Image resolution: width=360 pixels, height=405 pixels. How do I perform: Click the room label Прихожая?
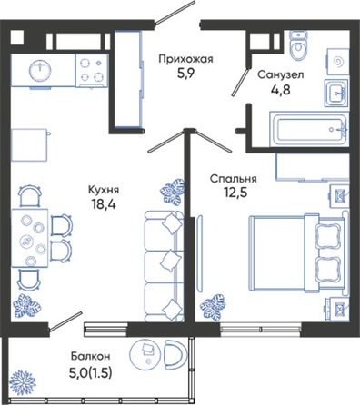(186, 59)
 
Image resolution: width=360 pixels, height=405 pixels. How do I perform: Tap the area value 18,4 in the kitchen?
(104, 204)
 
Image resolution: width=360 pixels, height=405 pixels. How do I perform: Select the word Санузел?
(281, 74)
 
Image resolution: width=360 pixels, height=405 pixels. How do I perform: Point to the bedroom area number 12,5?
(234, 193)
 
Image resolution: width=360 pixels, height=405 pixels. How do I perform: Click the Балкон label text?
(91, 356)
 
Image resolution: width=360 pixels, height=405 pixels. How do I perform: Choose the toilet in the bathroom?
(298, 45)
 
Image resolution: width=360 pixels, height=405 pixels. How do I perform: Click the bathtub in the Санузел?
(309, 129)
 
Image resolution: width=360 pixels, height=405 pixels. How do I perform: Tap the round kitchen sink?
(39, 71)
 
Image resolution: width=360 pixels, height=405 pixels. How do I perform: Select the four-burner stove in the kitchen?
(92, 71)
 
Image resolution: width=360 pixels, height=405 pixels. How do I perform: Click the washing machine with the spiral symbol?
(337, 63)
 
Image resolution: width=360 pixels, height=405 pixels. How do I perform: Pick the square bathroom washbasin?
(336, 93)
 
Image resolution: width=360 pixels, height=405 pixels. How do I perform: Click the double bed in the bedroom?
(298, 253)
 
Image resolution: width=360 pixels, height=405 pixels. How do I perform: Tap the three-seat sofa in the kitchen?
(164, 266)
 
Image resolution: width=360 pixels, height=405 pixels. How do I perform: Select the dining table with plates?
(30, 238)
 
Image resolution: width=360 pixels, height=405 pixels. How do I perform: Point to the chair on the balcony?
(175, 353)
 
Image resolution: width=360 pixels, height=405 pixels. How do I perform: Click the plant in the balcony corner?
(23, 382)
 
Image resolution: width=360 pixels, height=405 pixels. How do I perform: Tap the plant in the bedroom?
(213, 306)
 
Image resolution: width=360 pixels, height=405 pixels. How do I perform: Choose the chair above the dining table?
(30, 196)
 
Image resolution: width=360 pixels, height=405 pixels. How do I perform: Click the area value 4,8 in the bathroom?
(281, 90)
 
